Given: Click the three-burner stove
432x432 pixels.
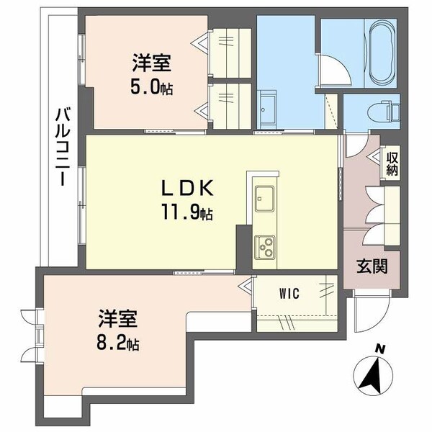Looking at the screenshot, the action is tap(264, 247).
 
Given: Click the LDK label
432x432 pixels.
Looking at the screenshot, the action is tap(187, 188).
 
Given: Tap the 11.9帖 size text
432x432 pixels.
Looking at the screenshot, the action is tap(187, 212).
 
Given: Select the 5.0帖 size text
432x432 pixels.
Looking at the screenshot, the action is tap(152, 88).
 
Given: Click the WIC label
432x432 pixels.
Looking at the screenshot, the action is tap(289, 294).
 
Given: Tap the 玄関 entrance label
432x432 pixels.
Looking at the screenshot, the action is tap(372, 266).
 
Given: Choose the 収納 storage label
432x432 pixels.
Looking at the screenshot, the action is tap(392, 164).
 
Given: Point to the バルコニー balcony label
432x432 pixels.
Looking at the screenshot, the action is tap(63, 148).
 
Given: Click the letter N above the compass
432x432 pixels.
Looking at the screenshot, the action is tap(380, 350).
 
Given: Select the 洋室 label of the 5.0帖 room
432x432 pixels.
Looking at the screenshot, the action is tap(152, 63).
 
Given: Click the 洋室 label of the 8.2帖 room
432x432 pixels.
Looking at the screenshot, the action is tap(118, 318).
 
